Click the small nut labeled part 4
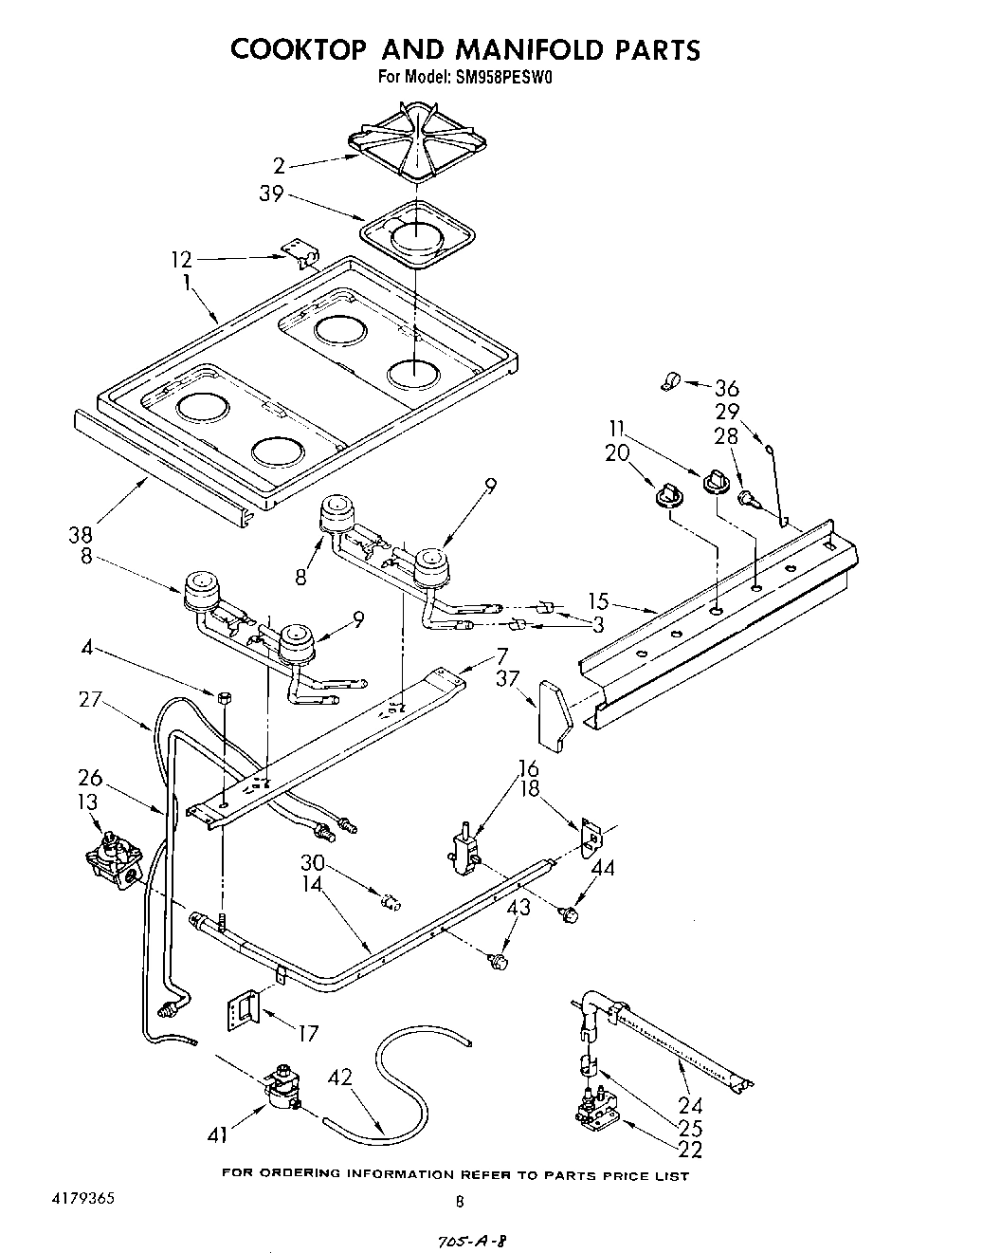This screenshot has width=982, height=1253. [227, 697]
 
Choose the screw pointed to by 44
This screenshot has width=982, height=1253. [570, 914]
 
